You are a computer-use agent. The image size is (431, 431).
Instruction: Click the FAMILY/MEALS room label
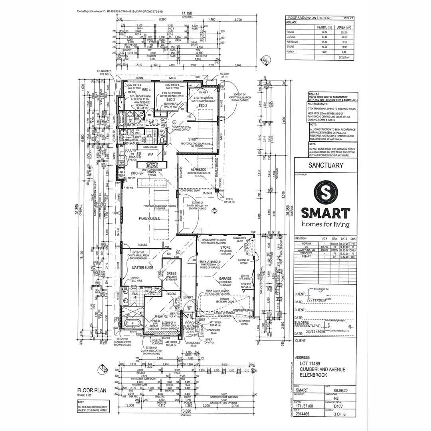pyautogui.click(x=150, y=219)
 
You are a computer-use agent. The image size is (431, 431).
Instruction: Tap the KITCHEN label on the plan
pyautogui.click(x=136, y=173)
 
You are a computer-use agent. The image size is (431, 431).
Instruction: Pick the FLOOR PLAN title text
pyautogui.click(x=91, y=390)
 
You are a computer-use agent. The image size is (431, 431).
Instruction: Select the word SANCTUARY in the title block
pyautogui.click(x=326, y=165)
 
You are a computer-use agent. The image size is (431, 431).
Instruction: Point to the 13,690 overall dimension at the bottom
pyautogui.click(x=186, y=411)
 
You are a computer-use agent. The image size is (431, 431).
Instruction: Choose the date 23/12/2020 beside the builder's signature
pyautogui.click(x=316, y=331)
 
